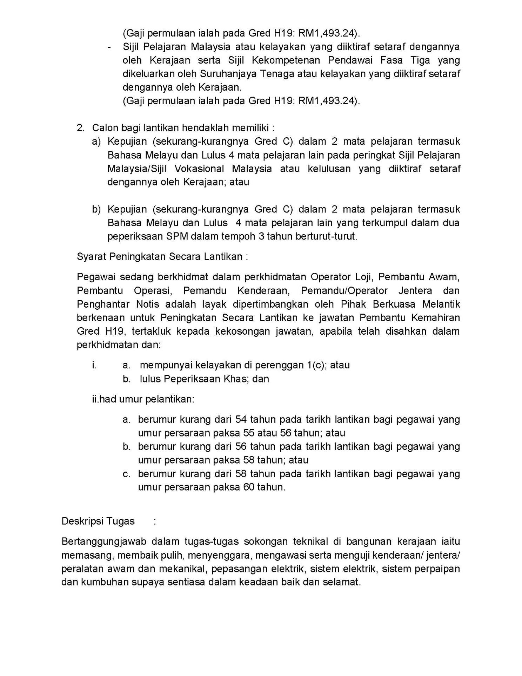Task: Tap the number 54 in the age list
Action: [241, 419]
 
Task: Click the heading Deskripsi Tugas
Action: [98, 521]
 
